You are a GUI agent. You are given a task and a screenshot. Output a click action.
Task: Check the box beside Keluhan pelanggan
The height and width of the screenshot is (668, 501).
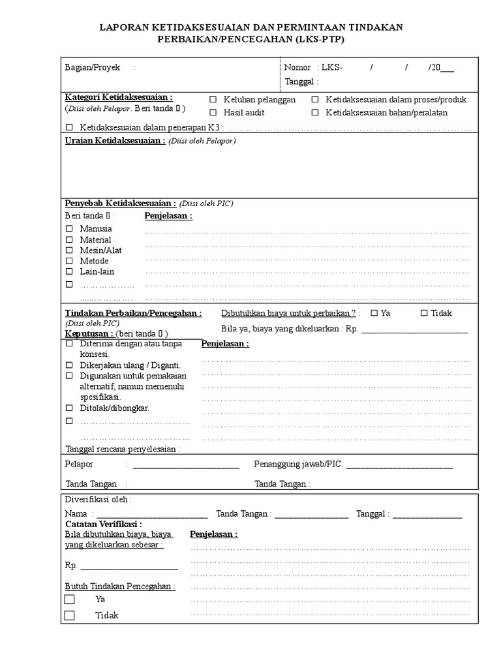(x=213, y=100)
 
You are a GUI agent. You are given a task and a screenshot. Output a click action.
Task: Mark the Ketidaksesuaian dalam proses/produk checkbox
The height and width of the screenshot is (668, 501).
(x=314, y=100)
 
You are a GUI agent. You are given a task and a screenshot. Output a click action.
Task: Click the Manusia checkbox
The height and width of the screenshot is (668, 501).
(x=69, y=229)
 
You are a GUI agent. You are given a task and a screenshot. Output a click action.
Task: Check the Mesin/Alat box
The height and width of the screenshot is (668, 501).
(x=69, y=250)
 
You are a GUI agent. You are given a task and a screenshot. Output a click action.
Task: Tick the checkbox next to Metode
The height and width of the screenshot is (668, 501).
(x=69, y=261)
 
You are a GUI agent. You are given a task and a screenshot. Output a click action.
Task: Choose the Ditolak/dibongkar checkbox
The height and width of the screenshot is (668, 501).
(x=69, y=408)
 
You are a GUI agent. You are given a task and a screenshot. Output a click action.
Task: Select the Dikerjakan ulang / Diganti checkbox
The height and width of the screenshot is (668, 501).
(x=69, y=365)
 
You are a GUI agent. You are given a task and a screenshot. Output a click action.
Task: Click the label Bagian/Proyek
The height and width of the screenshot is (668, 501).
(x=92, y=67)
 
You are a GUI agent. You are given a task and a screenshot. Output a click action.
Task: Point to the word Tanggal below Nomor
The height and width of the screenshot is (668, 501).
(x=300, y=82)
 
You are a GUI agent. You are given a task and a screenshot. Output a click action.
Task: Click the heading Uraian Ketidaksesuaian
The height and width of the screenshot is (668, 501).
(x=114, y=140)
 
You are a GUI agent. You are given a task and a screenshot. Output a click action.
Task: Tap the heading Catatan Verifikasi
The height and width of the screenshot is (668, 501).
(x=104, y=524)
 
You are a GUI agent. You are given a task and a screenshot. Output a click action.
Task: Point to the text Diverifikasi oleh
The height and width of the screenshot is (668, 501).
(x=98, y=500)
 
